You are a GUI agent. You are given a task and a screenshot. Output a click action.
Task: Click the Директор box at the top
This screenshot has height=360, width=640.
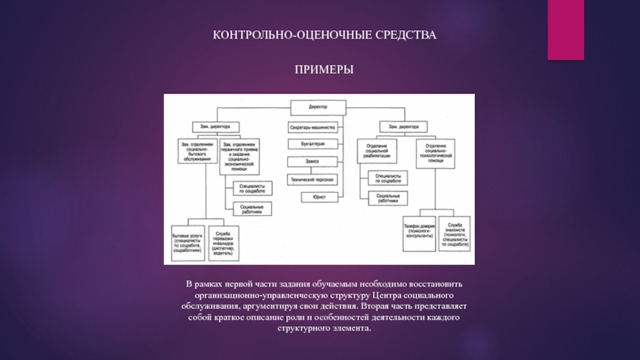point(318,106)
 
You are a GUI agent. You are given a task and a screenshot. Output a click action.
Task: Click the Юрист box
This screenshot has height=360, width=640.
point(318,197)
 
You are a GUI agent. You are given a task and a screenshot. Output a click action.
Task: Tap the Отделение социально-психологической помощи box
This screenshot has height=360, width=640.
point(435,152)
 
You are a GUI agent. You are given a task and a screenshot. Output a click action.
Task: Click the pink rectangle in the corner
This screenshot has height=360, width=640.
point(566,30)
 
